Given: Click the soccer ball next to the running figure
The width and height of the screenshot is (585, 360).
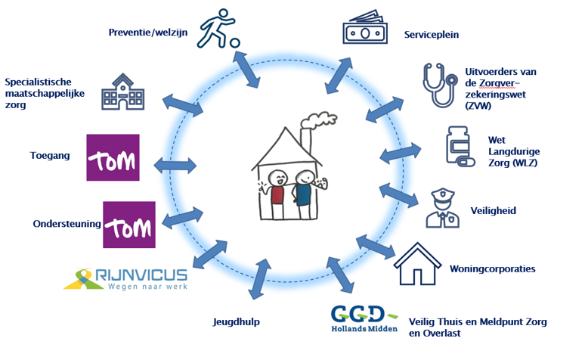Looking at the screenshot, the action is point(234,43).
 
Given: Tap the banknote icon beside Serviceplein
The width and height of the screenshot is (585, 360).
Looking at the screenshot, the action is point(365,27).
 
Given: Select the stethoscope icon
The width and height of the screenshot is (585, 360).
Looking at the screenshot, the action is point(440,85).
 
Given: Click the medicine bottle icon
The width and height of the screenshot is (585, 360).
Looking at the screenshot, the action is point(460,146).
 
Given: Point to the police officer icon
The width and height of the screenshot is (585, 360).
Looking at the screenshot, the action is point(442,208).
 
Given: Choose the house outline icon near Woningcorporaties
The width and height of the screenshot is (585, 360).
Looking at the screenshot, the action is point(417,264).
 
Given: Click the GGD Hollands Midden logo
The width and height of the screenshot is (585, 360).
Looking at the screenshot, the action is point(364,318).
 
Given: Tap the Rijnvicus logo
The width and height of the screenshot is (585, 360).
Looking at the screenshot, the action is point(125,279).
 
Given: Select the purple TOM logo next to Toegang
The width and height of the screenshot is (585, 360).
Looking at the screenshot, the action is point(113,157).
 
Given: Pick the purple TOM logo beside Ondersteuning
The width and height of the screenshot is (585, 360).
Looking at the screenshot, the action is point(129,225).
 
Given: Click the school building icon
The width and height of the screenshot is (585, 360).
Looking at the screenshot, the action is point(122,92).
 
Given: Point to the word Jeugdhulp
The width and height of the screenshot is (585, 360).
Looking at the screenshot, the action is point(236,322).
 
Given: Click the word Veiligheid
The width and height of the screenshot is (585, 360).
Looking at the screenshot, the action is point(494,210).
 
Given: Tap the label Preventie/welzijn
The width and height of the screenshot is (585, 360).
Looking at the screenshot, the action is point(148,33).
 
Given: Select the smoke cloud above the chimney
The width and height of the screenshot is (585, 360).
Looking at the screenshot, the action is point(319,120).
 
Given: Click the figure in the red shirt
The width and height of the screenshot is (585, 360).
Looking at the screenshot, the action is point(275,194).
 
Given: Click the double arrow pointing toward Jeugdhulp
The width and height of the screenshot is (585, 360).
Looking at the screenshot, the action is point(260,279).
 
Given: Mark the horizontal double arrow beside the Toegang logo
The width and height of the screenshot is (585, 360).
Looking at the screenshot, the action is point(175,166).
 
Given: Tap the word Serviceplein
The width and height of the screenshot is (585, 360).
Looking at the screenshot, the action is point(432,35).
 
